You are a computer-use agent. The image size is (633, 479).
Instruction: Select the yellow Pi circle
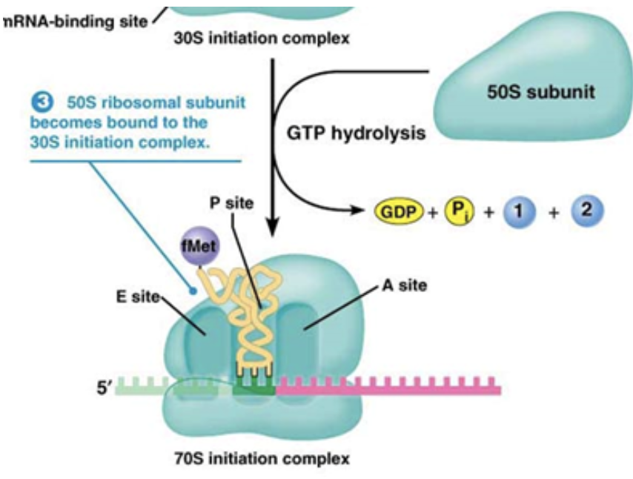[x=456, y=211]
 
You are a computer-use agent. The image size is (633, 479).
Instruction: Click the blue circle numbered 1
[x=520, y=211]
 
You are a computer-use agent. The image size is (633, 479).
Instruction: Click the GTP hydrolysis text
[x=356, y=134]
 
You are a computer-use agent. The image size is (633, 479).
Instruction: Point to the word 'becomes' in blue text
[x=61, y=120]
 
